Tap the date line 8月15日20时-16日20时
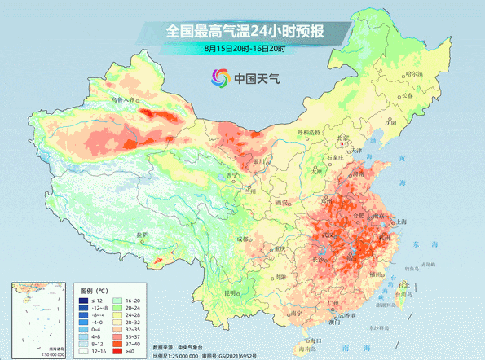tap(244, 50)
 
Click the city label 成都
tap(244, 239)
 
